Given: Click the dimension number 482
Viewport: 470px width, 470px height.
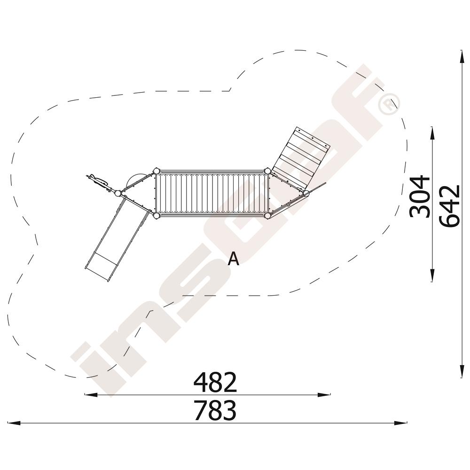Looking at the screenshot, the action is coord(215,383).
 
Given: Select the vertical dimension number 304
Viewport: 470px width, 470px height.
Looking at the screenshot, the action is coord(420,196).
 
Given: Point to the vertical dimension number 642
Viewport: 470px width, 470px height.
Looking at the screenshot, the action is coord(449,206).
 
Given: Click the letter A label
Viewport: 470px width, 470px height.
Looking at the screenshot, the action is coord(233,258).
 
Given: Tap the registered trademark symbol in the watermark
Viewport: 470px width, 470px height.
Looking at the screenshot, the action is coord(389,104).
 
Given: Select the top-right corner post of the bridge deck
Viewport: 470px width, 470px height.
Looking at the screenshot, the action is coord(267,171).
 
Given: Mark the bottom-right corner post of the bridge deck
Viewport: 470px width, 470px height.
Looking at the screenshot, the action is coord(267,216).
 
